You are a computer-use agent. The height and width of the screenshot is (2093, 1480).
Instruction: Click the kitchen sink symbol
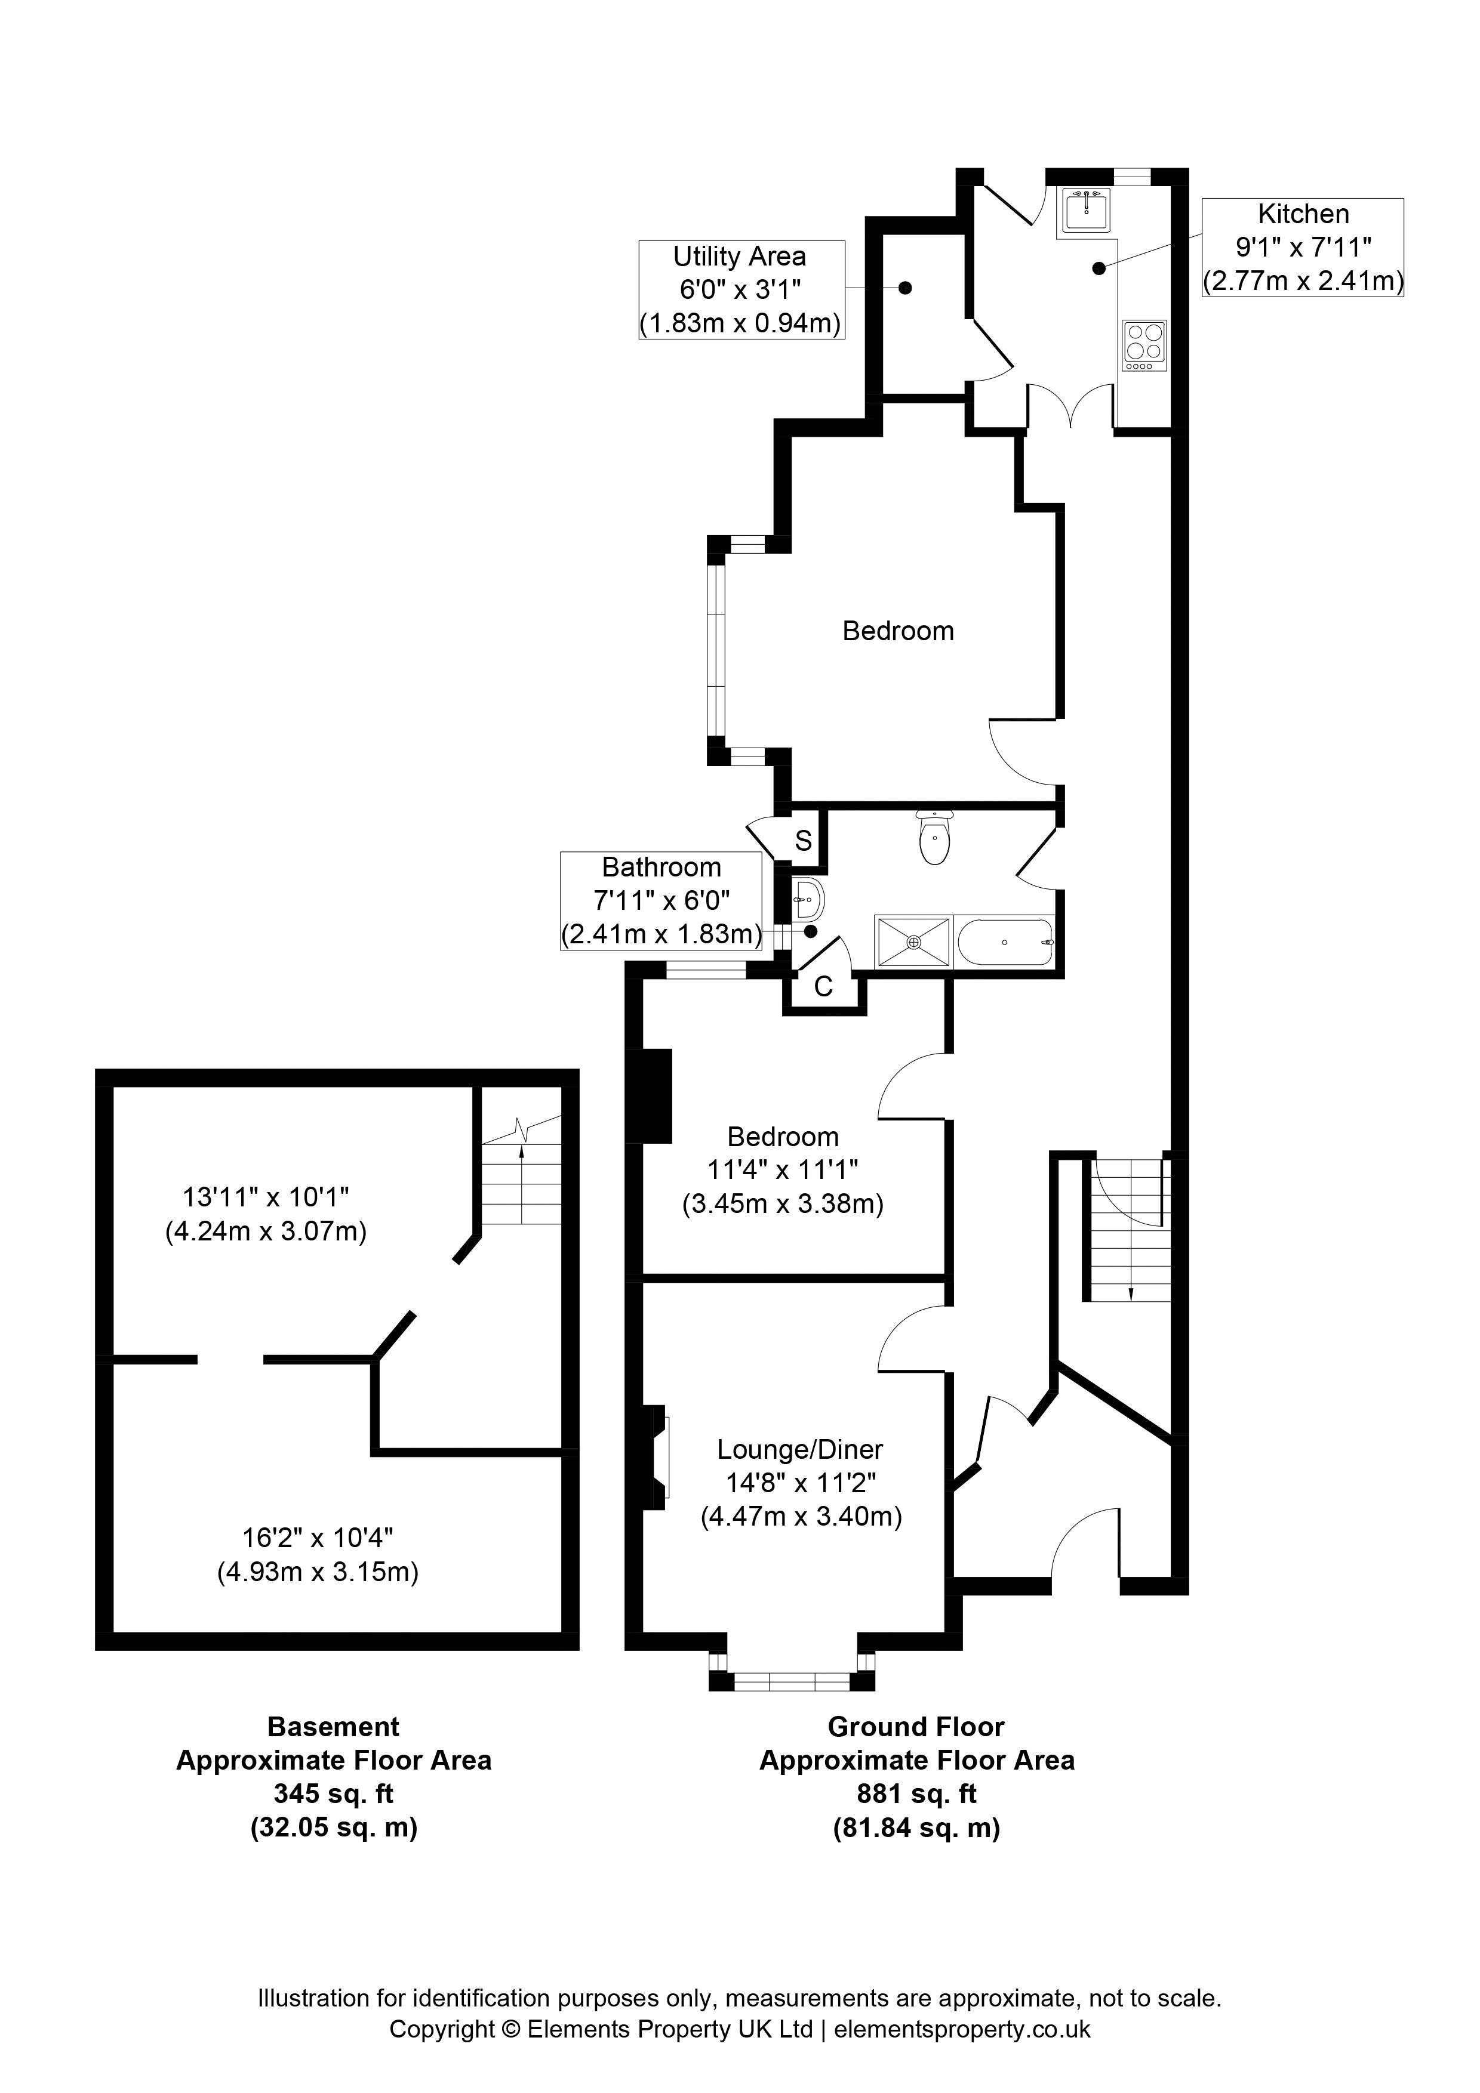click(1086, 209)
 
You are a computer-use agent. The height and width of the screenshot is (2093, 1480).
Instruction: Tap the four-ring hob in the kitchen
click(1143, 345)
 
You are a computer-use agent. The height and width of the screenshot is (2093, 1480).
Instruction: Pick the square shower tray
click(913, 941)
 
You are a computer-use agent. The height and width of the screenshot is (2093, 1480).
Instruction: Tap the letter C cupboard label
click(823, 986)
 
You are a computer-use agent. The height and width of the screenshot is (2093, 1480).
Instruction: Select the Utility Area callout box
click(740, 290)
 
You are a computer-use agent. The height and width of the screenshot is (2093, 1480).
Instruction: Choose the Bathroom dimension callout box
click(661, 901)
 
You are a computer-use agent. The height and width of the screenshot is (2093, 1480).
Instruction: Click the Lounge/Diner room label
click(800, 1449)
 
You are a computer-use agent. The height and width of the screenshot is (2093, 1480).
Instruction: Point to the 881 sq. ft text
click(916, 1794)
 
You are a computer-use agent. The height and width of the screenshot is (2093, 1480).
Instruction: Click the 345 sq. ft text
click(334, 1794)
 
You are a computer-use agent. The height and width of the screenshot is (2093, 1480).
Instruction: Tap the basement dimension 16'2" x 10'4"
click(318, 1538)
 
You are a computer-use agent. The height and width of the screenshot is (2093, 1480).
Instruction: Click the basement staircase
click(521, 1176)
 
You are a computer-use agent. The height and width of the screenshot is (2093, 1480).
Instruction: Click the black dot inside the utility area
click(904, 288)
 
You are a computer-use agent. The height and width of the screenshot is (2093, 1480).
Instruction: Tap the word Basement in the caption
click(334, 1727)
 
